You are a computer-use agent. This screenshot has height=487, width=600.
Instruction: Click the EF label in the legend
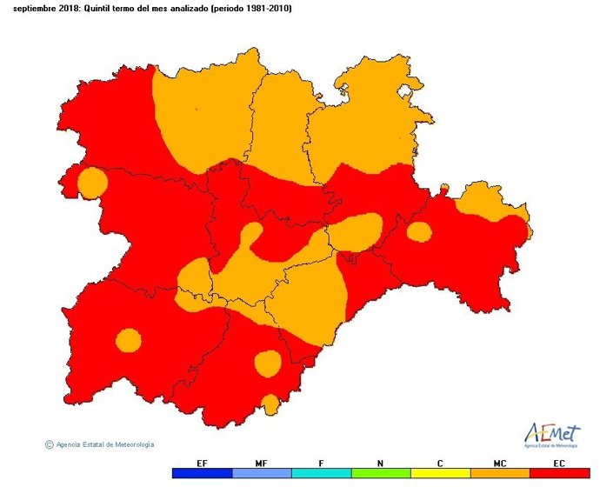coord(202,463)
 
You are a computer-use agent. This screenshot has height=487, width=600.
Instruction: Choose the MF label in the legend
coord(262,463)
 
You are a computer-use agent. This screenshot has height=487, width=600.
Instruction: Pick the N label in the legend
coord(381,463)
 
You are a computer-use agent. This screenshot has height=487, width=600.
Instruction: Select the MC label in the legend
coord(500,463)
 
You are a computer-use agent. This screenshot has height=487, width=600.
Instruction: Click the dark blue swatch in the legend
coord(202,474)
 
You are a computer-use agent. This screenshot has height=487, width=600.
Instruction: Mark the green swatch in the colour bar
coord(381,474)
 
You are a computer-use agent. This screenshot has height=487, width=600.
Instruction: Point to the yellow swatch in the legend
coord(441,474)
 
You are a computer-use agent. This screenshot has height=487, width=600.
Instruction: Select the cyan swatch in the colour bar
coord(322,474)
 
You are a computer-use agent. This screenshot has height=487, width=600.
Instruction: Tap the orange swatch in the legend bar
coord(500,474)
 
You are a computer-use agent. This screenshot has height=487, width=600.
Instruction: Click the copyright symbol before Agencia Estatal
coord(49,444)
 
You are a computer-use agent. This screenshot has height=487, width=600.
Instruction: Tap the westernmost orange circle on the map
coord(92,183)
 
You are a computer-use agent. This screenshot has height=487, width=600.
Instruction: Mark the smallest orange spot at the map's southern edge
coord(270,404)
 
